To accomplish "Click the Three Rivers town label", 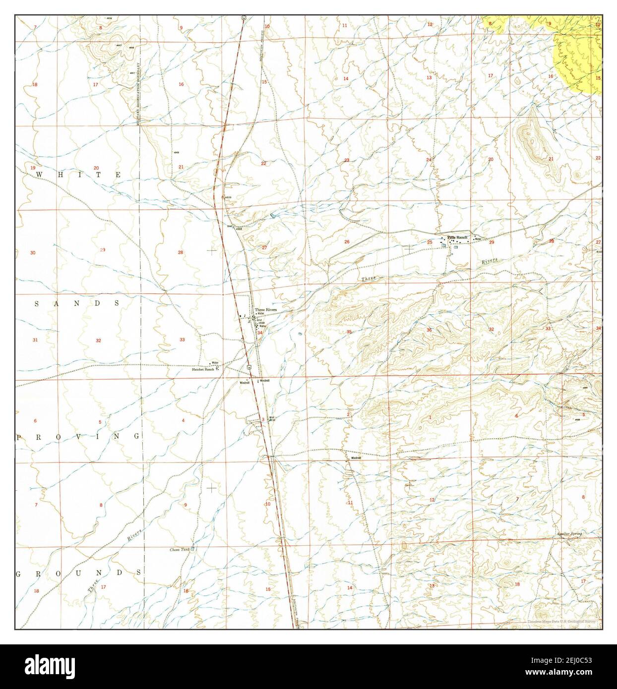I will coord(265,310).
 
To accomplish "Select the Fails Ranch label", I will coord(457,238).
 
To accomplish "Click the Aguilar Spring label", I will coord(568,533).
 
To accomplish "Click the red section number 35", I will coord(349,332).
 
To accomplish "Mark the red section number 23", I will coord(347,160).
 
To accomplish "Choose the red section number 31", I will coord(35,340).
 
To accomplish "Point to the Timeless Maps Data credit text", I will coord(563,622).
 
